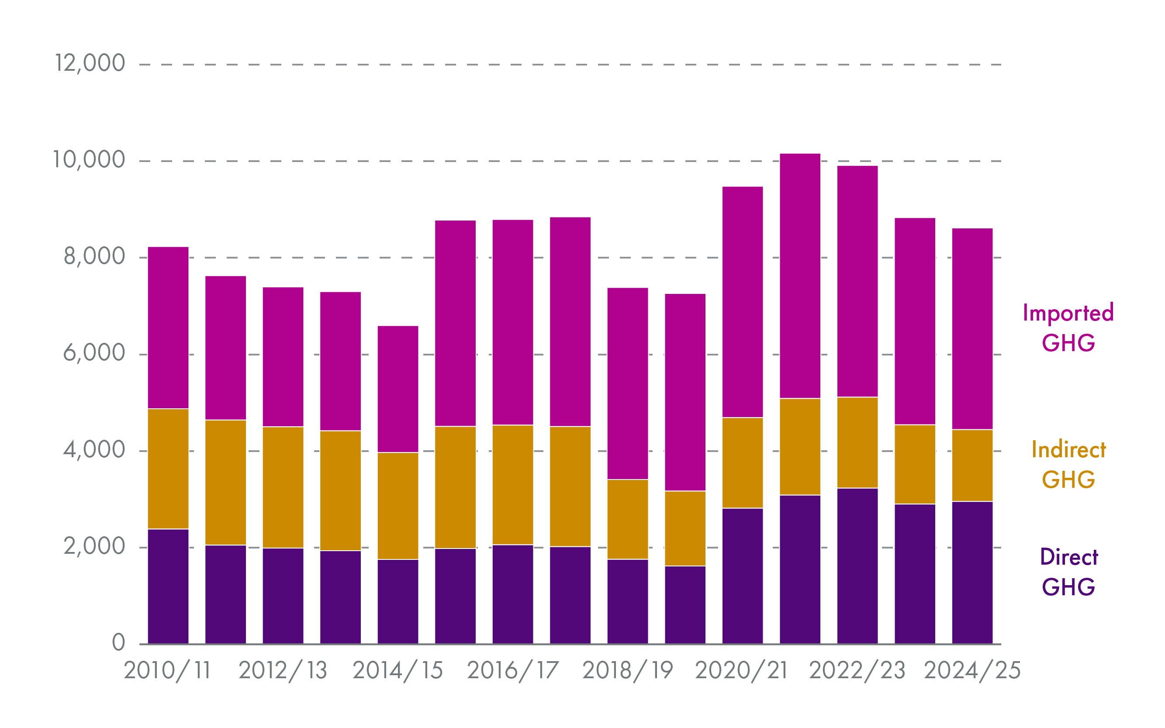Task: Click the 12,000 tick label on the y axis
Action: tap(90, 63)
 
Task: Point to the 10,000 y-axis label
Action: tap(89, 160)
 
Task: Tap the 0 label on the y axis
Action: tap(118, 642)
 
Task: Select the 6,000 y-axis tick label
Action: tap(94, 353)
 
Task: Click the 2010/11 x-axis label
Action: tap(167, 670)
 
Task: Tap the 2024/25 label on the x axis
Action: tap(972, 670)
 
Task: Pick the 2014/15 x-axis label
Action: tap(398, 670)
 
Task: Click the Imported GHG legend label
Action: tap(1068, 328)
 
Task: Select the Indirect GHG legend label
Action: tap(1068, 464)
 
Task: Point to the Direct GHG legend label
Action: tap(1068, 572)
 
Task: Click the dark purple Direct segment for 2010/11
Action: tap(168, 586)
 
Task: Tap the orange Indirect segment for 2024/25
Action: tap(972, 465)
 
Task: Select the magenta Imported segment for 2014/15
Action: tap(398, 389)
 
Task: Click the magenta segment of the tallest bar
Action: tap(799, 276)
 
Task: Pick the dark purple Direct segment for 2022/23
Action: tap(857, 566)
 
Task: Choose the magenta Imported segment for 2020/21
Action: tap(742, 301)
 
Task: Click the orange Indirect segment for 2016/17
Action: tap(512, 484)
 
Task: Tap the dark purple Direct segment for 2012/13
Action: tap(283, 596)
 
